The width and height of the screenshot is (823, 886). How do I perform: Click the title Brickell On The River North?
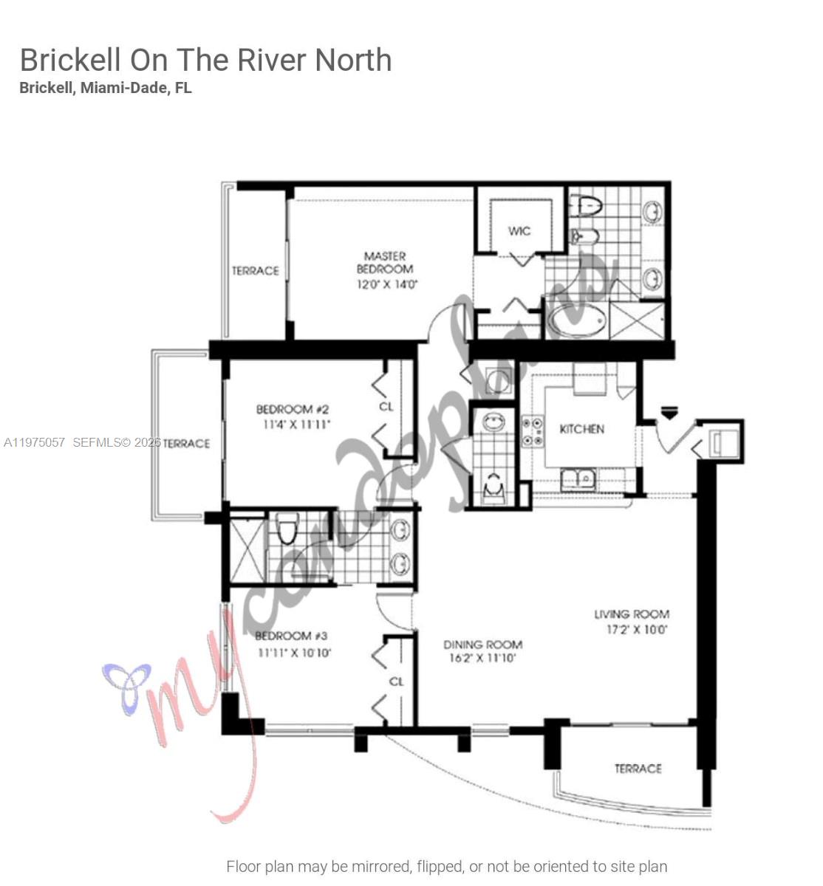(x=205, y=60)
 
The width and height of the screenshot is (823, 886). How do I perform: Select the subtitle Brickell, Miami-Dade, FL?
(x=106, y=88)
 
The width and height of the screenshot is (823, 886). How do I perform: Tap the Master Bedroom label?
(x=384, y=263)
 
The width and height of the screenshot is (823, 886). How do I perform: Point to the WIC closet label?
(x=519, y=231)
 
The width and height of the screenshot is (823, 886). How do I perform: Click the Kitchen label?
(x=581, y=429)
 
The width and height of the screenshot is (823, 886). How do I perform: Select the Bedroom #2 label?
(x=293, y=409)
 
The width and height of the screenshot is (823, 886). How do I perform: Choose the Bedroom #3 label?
(x=291, y=636)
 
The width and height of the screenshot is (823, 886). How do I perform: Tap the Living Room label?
(x=632, y=614)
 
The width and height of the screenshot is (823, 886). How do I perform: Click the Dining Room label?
(x=482, y=645)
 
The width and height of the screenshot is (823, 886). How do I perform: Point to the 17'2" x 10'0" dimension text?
(x=636, y=630)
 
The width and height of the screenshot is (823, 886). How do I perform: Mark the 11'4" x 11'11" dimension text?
(x=296, y=425)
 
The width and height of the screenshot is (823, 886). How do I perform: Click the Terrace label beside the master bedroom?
(x=256, y=271)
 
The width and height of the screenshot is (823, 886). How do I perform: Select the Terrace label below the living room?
(x=638, y=769)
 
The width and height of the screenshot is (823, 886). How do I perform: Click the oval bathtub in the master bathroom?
(x=577, y=323)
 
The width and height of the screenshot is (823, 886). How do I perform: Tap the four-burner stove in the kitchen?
(x=533, y=432)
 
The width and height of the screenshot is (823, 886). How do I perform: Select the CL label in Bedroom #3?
(x=396, y=681)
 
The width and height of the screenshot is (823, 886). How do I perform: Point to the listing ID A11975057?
(x=35, y=443)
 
